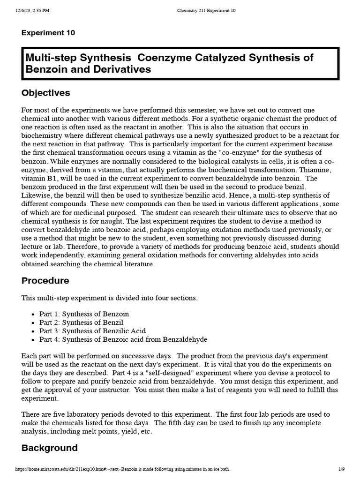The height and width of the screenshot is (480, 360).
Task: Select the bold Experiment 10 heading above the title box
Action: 48,33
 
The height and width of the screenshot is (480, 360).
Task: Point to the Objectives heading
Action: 45,93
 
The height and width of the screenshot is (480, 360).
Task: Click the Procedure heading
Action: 45,281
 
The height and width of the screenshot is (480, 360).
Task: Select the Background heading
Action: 49,448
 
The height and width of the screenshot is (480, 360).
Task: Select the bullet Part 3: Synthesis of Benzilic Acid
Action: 92,331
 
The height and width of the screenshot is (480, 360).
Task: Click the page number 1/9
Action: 341,469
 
